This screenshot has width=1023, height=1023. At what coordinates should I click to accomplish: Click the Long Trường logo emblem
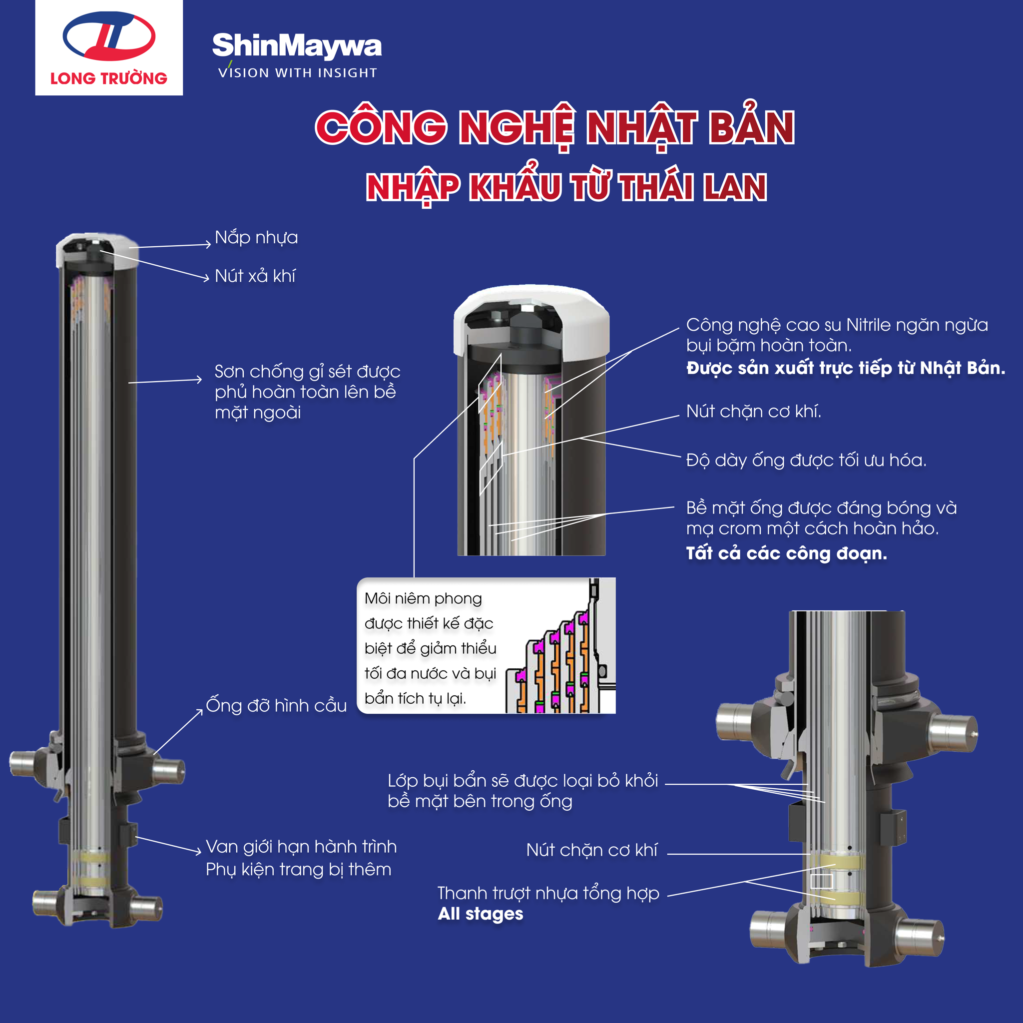pos(109,35)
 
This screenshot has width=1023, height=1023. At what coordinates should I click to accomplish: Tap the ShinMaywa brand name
pos(297,46)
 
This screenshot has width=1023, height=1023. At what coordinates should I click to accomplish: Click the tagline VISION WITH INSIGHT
pos(298,72)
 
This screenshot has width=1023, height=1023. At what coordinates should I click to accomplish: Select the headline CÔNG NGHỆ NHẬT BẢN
pos(555,127)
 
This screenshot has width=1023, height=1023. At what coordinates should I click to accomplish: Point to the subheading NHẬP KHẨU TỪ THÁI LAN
pos(566,186)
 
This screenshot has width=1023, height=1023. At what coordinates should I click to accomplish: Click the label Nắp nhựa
pos(256,237)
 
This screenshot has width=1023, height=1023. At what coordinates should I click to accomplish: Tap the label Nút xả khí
pos(255,276)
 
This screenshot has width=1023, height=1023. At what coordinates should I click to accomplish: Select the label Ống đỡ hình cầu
pos(276,705)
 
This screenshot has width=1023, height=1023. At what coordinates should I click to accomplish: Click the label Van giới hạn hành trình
pos(301,847)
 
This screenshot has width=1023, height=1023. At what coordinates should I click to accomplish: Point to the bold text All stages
pos(480,914)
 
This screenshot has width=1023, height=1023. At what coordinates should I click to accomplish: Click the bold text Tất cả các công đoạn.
pos(786,553)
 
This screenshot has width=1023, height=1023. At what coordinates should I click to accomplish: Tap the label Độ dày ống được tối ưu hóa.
pos(806,460)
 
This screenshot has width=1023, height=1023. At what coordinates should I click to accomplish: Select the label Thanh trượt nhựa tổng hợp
pos(548,893)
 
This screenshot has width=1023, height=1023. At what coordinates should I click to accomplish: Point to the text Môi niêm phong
pos(423,598)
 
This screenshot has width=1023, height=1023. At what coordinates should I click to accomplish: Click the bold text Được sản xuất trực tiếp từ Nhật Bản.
pos(846,368)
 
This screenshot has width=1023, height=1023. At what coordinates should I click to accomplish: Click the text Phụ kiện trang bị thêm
pos(299,870)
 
